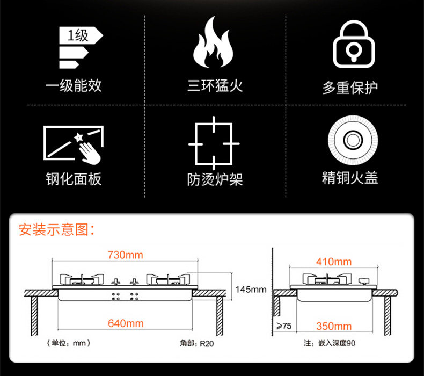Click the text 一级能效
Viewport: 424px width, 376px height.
(74, 85)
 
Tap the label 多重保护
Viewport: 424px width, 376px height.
(350, 87)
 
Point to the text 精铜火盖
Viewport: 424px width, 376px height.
(350, 178)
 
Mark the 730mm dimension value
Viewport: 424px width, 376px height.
(126, 255)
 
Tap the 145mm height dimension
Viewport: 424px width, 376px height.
(251, 290)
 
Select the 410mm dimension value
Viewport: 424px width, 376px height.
(334, 262)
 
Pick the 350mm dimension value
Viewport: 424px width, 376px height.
(334, 326)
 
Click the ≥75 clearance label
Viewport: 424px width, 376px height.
(284, 326)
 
